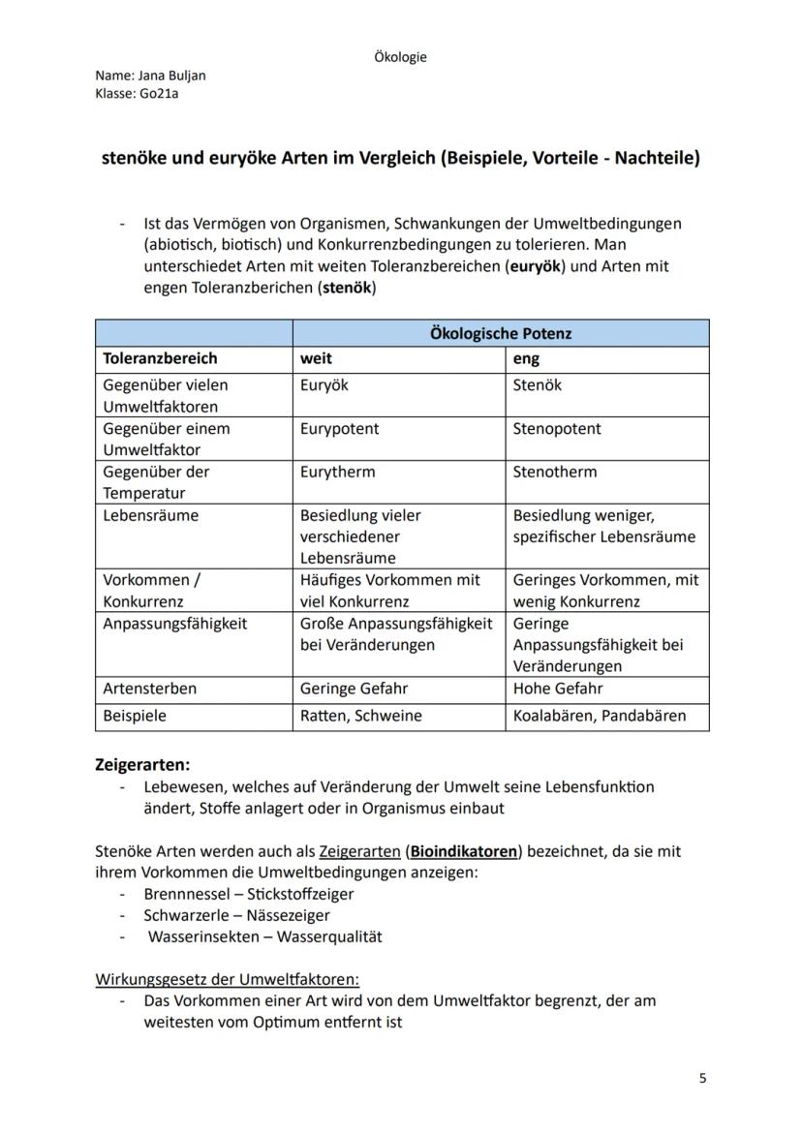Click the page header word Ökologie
point(400,57)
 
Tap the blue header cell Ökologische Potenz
point(500,333)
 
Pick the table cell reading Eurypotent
point(340,428)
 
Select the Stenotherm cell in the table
point(555,472)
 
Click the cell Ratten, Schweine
point(361,716)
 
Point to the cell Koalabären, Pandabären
point(600,716)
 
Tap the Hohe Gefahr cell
point(558,689)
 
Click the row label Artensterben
point(150,689)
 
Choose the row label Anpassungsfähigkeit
point(175,624)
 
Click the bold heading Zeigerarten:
point(141,764)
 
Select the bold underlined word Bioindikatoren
point(464,851)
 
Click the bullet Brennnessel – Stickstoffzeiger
point(249,894)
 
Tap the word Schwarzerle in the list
point(183,915)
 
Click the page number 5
point(702,1079)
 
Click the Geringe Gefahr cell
point(354,689)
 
